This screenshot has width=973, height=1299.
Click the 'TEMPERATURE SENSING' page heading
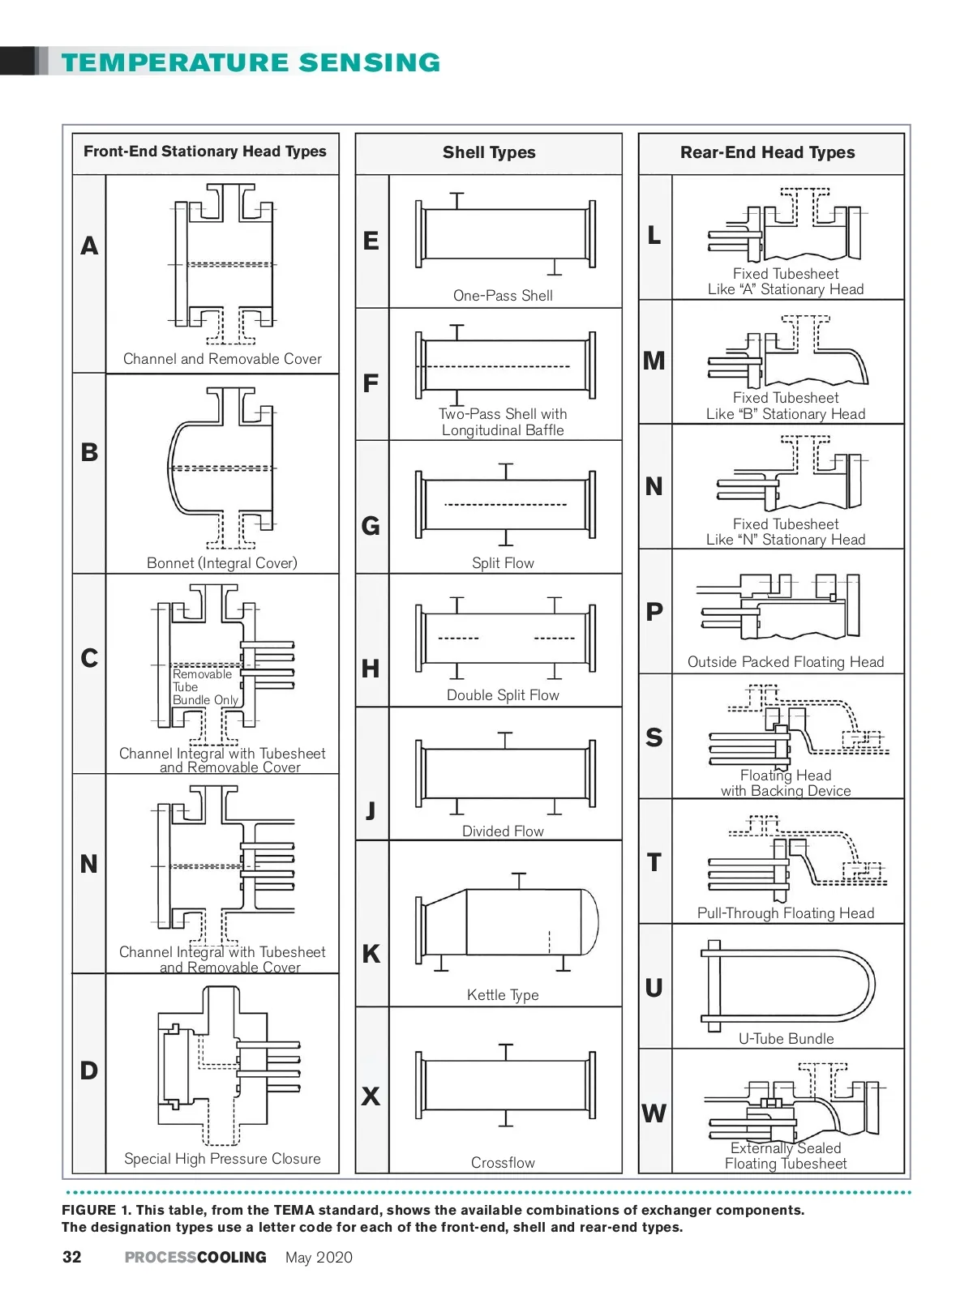coord(251,62)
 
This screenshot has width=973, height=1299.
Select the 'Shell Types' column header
coord(489,152)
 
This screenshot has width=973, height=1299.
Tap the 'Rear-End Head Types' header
coord(767,152)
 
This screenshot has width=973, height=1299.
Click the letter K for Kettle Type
coord(371,954)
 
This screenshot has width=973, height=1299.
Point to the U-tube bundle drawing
coord(787,985)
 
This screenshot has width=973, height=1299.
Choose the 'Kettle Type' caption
coord(503,995)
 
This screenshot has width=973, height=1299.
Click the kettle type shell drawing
coord(507,924)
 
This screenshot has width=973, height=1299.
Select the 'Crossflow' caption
coord(503,1163)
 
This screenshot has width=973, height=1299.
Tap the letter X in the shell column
coord(371,1096)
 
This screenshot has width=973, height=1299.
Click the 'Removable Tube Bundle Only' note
coord(204,687)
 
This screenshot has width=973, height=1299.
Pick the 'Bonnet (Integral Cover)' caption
coord(222,563)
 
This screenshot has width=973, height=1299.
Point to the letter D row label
coord(89,1070)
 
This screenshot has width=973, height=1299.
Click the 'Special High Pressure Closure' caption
coord(222,1159)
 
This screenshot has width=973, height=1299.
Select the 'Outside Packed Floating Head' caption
coord(786,662)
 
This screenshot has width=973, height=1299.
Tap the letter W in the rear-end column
coord(654,1113)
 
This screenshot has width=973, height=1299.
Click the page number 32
coord(72,1257)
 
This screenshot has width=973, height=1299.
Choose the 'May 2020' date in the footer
coord(319,1258)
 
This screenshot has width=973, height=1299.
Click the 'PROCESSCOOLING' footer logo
coord(195,1258)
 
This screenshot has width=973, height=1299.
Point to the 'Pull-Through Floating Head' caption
coord(786,913)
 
